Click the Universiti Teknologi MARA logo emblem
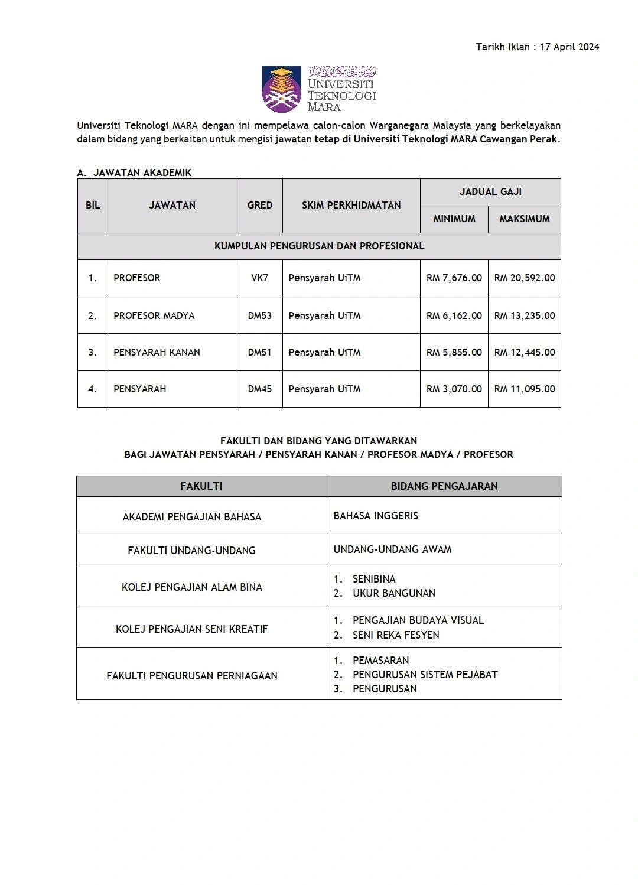[x=282, y=89]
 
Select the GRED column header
[x=260, y=206]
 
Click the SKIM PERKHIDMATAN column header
[x=351, y=206]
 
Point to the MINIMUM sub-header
[x=454, y=219]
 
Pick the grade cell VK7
[x=260, y=278]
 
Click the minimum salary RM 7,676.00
[x=454, y=278]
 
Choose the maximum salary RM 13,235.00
[x=525, y=315]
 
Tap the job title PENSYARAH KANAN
[x=157, y=353]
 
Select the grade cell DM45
[x=260, y=389]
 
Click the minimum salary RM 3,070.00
[x=454, y=389]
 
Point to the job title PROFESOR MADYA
[x=154, y=315]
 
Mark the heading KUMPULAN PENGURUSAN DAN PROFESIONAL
[x=319, y=246]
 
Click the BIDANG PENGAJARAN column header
[x=444, y=486]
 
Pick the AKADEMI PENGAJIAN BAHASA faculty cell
[x=192, y=517]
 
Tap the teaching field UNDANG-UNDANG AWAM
[x=392, y=549]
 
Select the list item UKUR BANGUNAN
[x=393, y=593]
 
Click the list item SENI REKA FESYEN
[x=396, y=635]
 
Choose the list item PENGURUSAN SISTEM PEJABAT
[x=425, y=675]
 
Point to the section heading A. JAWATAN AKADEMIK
[x=135, y=173]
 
